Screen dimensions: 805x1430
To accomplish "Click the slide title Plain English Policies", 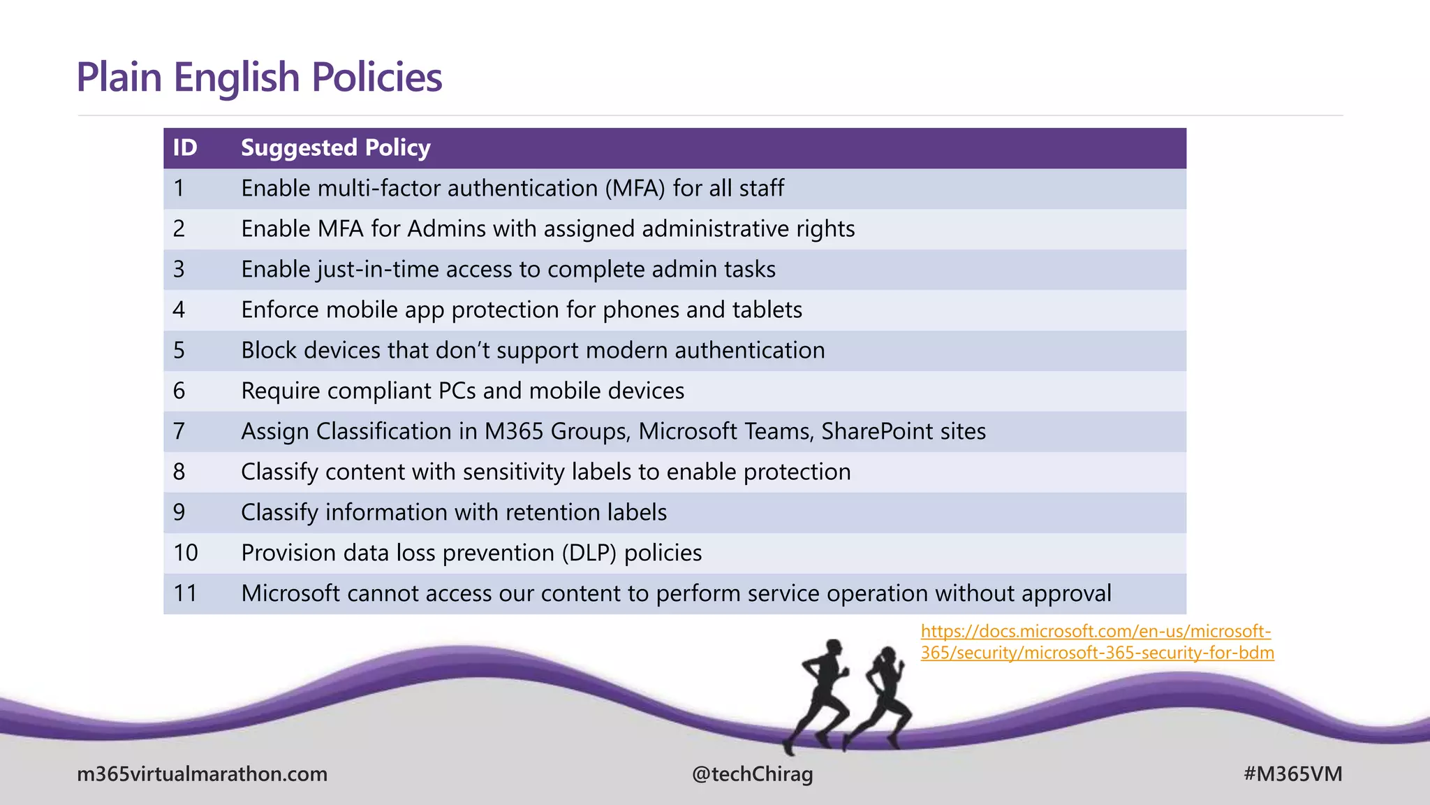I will [x=259, y=77].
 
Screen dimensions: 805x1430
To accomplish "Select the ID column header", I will [x=185, y=148].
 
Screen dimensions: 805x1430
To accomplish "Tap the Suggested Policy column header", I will [x=335, y=148].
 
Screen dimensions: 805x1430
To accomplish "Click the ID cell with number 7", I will [x=179, y=431].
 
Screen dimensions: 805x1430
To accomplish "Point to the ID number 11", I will [x=185, y=593].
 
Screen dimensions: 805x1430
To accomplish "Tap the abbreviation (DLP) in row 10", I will [x=589, y=553].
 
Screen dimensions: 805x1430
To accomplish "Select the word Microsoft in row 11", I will [x=290, y=593].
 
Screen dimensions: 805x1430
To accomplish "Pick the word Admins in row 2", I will [x=447, y=229].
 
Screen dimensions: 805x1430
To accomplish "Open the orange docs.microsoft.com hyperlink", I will [x=1096, y=642].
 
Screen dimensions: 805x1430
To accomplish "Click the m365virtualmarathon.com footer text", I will [x=202, y=774].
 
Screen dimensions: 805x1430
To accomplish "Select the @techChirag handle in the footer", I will [x=752, y=774].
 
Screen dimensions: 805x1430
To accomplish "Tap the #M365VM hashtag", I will [x=1292, y=774].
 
